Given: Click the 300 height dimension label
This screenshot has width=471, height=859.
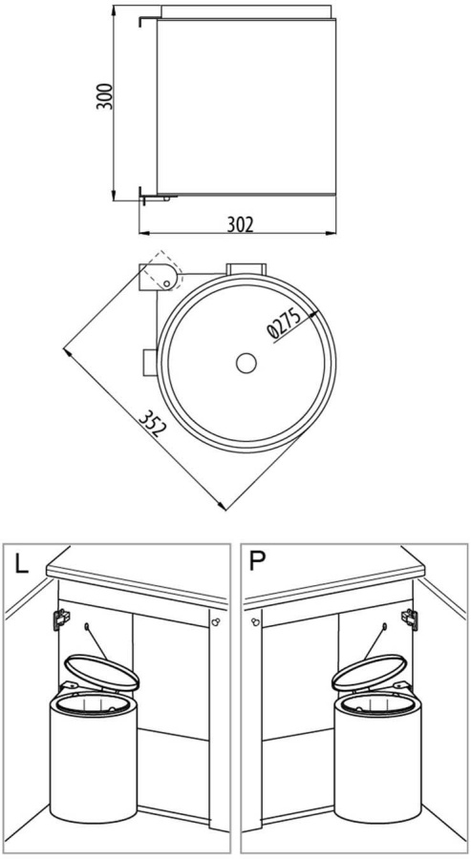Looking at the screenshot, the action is coord(105,96).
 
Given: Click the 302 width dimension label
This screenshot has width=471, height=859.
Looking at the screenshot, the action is coord(240,224).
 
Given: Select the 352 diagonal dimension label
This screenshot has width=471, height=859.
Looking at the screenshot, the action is coord(151,424).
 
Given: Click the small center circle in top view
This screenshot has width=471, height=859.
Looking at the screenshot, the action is coord(246,363).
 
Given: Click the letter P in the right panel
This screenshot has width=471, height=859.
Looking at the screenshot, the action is coord(256,562).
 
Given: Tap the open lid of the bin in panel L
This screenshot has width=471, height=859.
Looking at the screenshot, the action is coord(101,672).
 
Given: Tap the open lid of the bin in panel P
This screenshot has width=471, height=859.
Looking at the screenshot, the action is coord(369,672).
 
